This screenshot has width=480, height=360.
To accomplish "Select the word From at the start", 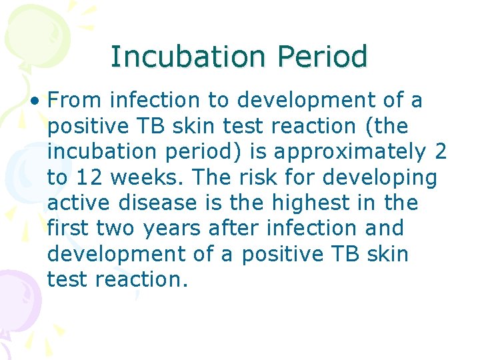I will pyautogui.click(x=75, y=101).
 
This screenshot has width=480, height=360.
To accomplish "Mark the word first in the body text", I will pyautogui.click(x=69, y=228).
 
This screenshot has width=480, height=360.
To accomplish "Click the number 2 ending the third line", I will pyautogui.click(x=440, y=152).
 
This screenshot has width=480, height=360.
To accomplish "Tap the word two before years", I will pyautogui.click(x=115, y=228).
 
